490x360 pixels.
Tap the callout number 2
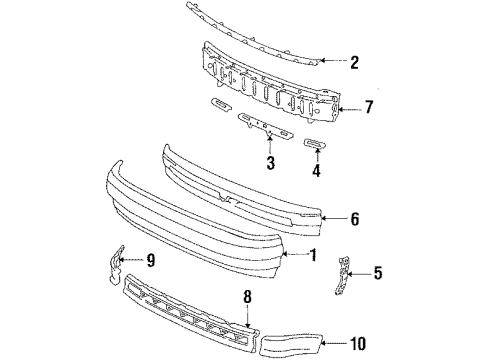[x=354, y=62]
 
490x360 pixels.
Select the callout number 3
[x=269, y=163]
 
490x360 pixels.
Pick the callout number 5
[x=377, y=271]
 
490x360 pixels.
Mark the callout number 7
[x=369, y=107]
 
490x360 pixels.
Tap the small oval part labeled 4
[x=313, y=145]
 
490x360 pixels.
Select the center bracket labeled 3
[x=261, y=124]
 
